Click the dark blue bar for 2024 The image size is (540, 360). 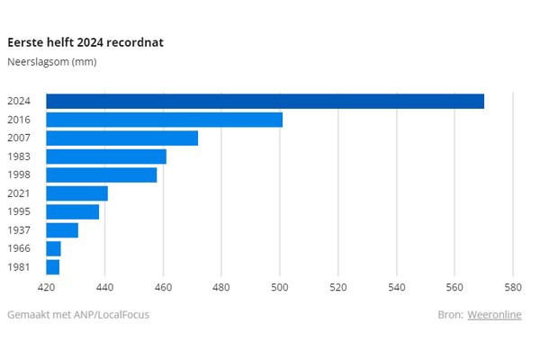tap(265, 101)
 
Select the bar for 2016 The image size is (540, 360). tap(164, 120)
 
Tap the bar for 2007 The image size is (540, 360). tap(121, 138)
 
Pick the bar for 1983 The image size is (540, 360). tap(106, 157)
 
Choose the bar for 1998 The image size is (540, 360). tap(102, 175)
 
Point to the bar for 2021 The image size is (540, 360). tap(77, 193)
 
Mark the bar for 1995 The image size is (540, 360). tap(73, 211)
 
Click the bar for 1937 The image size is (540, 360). tap(62, 230)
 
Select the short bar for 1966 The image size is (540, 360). tap(54, 248)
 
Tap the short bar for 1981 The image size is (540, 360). tap(53, 267)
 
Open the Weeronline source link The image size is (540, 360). tap(494, 314)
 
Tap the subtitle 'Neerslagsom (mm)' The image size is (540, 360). tap(51, 62)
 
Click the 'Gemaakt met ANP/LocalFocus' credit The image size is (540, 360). tap(78, 314)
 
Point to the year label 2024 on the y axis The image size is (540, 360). tap(20, 102)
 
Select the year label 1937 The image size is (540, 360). tap(20, 230)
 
